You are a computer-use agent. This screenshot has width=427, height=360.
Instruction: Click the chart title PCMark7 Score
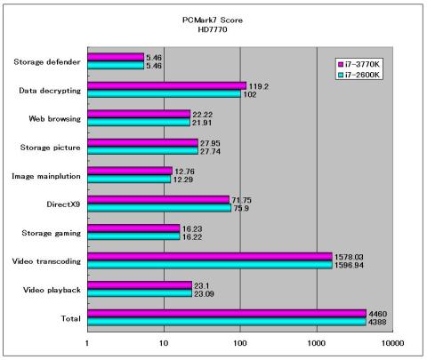(213, 20)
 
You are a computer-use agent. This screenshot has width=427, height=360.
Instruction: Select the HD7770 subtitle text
(213, 29)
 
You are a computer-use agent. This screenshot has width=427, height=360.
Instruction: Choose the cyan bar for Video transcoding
(210, 265)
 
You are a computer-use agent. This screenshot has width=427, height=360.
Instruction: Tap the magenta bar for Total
(227, 314)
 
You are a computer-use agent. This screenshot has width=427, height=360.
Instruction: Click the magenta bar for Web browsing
(139, 115)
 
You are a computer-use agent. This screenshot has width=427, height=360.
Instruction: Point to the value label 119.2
(259, 86)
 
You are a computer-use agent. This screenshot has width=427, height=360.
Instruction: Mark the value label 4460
(378, 314)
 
